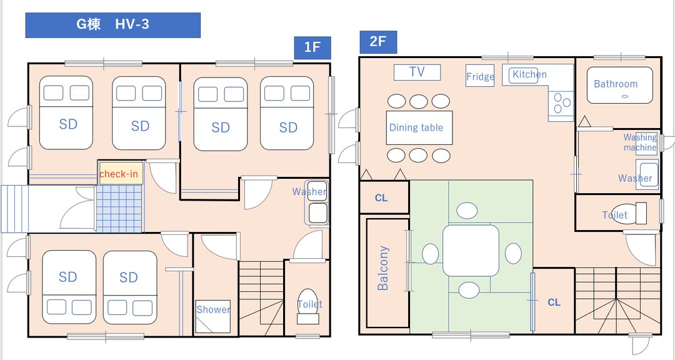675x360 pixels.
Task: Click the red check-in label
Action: [119, 174]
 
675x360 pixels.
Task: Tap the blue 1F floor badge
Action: [312, 47]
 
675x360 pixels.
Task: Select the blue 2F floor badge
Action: [377, 42]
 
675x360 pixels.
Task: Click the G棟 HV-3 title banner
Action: [112, 25]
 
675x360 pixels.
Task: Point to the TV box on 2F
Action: [417, 72]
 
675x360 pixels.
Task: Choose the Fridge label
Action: [480, 77]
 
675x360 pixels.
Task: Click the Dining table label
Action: [416, 127]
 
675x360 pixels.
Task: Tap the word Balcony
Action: [382, 268]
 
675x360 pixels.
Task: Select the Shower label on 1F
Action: [213, 309]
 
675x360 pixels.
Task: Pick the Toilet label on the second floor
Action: [615, 215]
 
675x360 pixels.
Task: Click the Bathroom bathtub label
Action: [616, 84]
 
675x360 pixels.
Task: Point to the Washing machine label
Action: [640, 142]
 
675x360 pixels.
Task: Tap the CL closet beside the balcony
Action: [381, 198]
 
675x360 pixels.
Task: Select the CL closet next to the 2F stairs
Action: [554, 302]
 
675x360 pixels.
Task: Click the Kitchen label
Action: [529, 74]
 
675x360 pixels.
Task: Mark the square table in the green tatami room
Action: [471, 251]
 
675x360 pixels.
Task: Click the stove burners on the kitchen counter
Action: [561, 103]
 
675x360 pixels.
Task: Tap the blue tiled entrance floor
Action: [119, 209]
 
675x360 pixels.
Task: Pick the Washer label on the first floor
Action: [309, 192]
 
